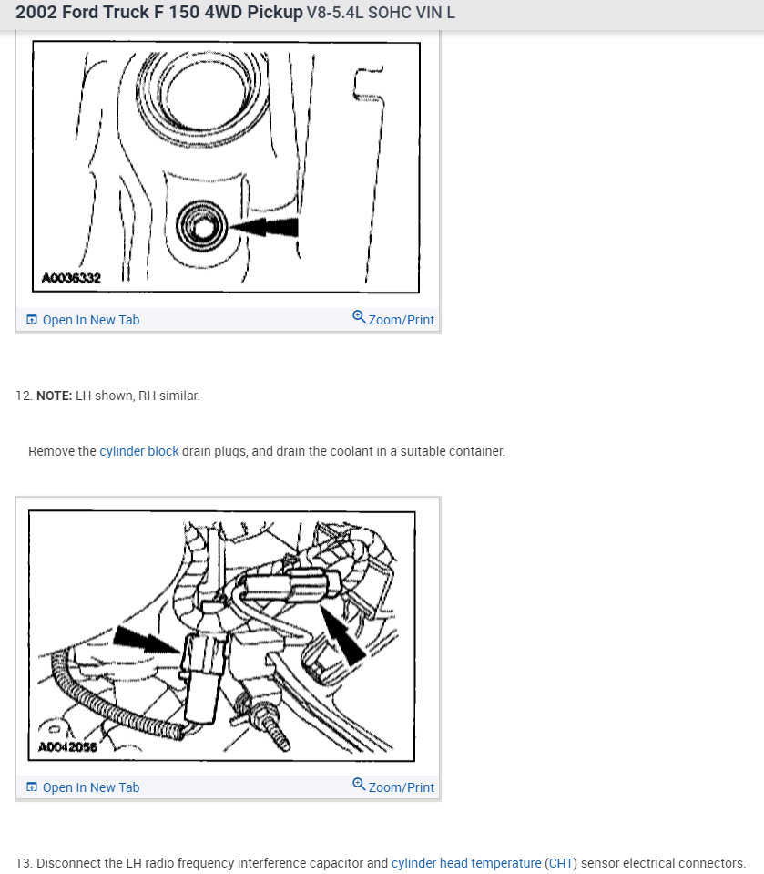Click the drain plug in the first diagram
point(201,226)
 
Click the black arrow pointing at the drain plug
point(264,227)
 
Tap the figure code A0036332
point(71,278)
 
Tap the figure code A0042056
point(67,746)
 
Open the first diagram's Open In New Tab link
point(91,320)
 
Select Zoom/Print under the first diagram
point(401,320)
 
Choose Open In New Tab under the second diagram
point(91,787)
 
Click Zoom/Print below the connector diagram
point(401,787)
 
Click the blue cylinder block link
point(139,451)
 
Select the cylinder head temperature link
point(466,863)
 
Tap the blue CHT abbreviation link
point(561,863)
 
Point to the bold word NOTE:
point(54,396)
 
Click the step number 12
point(24,396)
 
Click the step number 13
point(24,863)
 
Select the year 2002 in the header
point(36,12)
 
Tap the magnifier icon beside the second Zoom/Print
point(359,785)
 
